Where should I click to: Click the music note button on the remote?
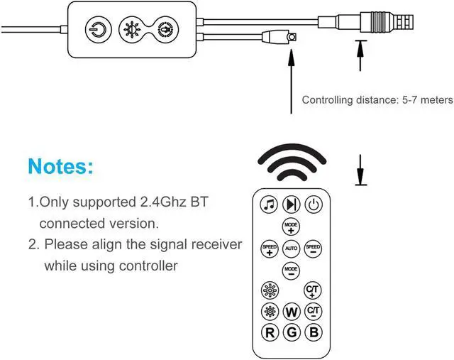coord(268,204)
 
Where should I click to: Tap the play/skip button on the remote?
coord(291,204)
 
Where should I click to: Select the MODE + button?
coord(291,227)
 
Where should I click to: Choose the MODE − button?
coord(291,270)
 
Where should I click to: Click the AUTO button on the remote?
coord(291,249)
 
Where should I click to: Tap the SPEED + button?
coord(269,249)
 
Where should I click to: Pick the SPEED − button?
coord(313,249)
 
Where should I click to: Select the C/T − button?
coord(313,311)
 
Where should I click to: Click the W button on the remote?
coord(291,312)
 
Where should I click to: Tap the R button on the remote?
coord(269,332)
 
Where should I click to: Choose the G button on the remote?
coord(291,332)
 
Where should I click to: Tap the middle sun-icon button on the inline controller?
coord(131,30)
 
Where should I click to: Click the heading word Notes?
coord(60,167)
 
